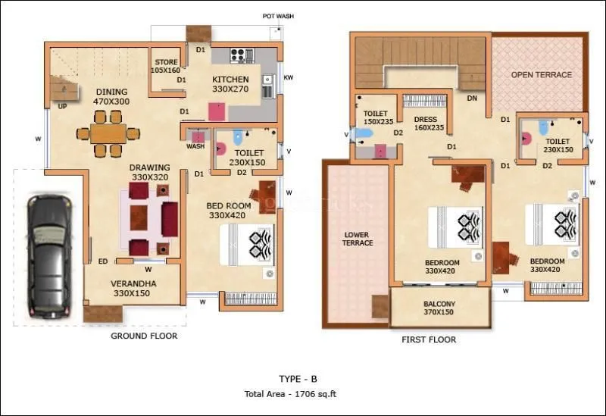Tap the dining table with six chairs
(x=108, y=133)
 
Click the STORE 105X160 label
(x=166, y=66)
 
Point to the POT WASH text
(x=278, y=16)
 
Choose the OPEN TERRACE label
(x=541, y=75)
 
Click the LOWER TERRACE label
(x=357, y=239)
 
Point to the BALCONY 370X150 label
(x=439, y=307)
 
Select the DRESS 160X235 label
(x=429, y=124)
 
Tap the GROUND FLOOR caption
(x=144, y=336)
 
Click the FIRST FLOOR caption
(x=429, y=340)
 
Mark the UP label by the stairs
(x=60, y=107)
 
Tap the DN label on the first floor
(x=471, y=98)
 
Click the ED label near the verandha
(x=102, y=261)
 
